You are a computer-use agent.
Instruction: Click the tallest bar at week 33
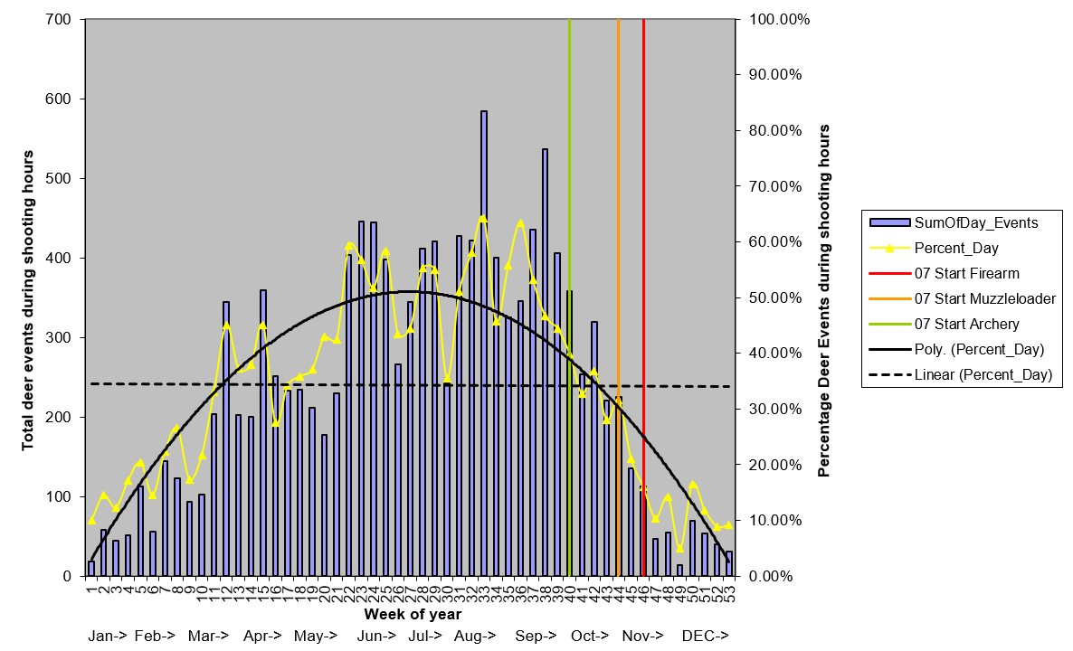(x=484, y=344)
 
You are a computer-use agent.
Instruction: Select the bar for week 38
(x=545, y=362)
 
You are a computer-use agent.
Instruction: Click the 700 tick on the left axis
(x=61, y=19)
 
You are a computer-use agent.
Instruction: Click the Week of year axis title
(x=413, y=615)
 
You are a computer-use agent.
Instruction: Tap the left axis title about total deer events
(x=28, y=300)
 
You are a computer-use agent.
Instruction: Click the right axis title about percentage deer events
(x=824, y=300)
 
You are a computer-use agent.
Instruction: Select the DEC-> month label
(x=706, y=637)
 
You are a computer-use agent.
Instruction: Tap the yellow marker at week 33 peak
(x=483, y=218)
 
